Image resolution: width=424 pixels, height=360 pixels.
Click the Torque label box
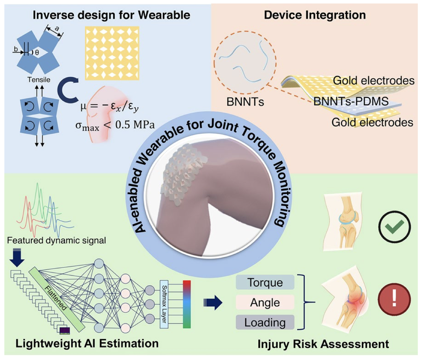[265, 282]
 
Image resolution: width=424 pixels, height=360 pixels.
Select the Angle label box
[265, 302]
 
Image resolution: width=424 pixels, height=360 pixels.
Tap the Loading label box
[265, 322]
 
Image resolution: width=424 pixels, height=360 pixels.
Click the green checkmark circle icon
[394, 227]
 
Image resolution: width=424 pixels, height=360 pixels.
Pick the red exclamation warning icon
[394, 300]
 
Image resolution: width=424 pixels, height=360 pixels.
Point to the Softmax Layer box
[164, 304]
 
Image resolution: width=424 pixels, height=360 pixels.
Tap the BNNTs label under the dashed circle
[245, 102]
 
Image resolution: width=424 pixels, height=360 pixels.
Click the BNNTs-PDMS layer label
[351, 101]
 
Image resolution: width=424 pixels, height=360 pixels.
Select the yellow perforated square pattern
[112, 53]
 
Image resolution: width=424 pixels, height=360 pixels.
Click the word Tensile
[39, 80]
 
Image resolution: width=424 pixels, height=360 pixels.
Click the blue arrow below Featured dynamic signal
[17, 258]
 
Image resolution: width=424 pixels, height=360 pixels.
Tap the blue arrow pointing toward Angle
[213, 302]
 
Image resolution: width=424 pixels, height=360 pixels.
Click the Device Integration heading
[315, 15]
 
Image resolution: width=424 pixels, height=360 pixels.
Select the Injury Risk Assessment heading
[323, 344]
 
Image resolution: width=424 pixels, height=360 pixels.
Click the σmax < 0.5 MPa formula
[115, 125]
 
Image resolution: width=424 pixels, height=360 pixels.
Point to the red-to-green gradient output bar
[187, 304]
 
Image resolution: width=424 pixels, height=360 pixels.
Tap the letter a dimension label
[57, 28]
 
